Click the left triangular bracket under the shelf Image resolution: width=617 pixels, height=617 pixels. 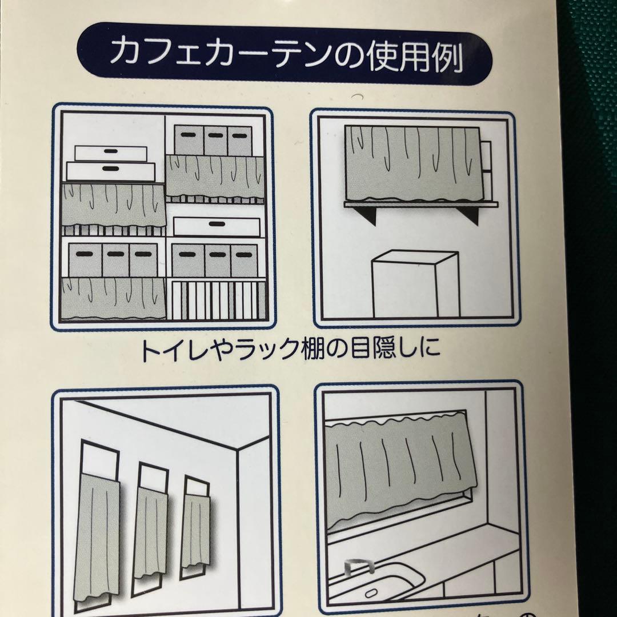364,215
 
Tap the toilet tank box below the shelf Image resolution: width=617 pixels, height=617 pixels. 415,284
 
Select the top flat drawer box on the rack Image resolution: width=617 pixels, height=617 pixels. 111,153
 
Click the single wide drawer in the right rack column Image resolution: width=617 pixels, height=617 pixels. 217,226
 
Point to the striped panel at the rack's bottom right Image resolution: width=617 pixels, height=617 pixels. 217,299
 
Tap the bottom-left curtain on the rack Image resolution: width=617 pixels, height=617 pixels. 114,298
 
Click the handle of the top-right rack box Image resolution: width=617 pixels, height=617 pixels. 240,136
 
